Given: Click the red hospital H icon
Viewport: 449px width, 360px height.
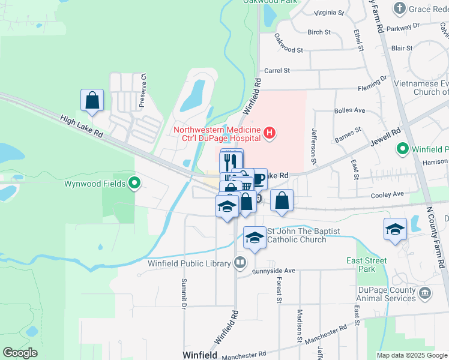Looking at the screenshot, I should click(x=270, y=133).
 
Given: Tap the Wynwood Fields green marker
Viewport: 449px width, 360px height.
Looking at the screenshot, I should click(x=135, y=183).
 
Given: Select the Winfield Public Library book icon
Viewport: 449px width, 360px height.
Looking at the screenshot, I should click(x=240, y=263).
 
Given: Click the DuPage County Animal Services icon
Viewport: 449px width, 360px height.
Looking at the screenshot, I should click(x=425, y=293).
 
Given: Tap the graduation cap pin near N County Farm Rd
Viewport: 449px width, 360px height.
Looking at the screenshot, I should click(x=395, y=230).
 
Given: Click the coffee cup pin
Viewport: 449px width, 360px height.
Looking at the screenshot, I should click(x=258, y=179).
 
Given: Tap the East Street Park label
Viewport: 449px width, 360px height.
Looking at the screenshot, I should click(x=366, y=265).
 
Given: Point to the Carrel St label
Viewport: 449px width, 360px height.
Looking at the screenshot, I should click(x=277, y=70).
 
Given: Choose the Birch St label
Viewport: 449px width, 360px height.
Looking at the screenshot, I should click(x=319, y=32).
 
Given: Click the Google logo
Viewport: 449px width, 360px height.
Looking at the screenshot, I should click(x=20, y=353).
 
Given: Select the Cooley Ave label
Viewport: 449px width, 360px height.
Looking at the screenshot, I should click(x=390, y=194).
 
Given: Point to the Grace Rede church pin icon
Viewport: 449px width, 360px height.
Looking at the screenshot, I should click(x=400, y=8).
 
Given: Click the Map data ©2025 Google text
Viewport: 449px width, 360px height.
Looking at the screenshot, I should click(x=411, y=355).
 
